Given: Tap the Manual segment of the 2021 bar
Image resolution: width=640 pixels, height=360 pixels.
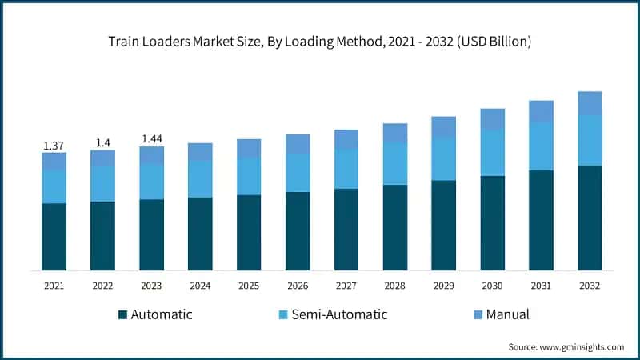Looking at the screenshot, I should pyautogui.click(x=54, y=161).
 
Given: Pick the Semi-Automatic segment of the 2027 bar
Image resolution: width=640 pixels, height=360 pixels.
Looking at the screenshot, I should pyautogui.click(x=346, y=169).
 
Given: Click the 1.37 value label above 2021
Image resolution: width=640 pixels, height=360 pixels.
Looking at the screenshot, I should pyautogui.click(x=54, y=145).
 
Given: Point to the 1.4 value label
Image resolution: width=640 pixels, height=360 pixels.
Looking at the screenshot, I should pyautogui.click(x=102, y=142).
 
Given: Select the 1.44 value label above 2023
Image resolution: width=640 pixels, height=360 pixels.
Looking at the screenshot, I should pyautogui.click(x=151, y=138).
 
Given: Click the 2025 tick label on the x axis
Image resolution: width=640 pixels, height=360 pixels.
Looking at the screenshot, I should pyautogui.click(x=249, y=285).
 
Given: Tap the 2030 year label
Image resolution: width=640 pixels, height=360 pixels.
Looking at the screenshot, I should pyautogui.click(x=492, y=285).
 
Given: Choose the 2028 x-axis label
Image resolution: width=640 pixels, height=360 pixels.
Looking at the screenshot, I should pyautogui.click(x=395, y=285).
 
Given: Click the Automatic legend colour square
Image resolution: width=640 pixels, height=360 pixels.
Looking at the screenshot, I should pyautogui.click(x=122, y=314).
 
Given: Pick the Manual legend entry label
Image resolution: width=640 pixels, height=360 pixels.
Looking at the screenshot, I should pyautogui.click(x=506, y=314).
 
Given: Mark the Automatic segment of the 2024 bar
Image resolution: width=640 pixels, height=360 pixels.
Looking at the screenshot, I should pyautogui.click(x=200, y=234).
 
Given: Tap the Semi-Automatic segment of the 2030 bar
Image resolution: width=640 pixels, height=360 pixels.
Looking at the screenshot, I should pyautogui.click(x=492, y=153).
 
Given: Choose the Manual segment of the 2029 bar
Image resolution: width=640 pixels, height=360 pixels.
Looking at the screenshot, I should pyautogui.click(x=444, y=126).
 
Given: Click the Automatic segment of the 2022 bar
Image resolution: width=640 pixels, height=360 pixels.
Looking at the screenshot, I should pyautogui.click(x=102, y=236).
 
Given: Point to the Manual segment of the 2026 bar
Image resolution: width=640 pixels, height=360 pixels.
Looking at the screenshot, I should pyautogui.click(x=298, y=144).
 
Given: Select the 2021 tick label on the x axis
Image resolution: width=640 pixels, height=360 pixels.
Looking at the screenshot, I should pyautogui.click(x=54, y=285).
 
